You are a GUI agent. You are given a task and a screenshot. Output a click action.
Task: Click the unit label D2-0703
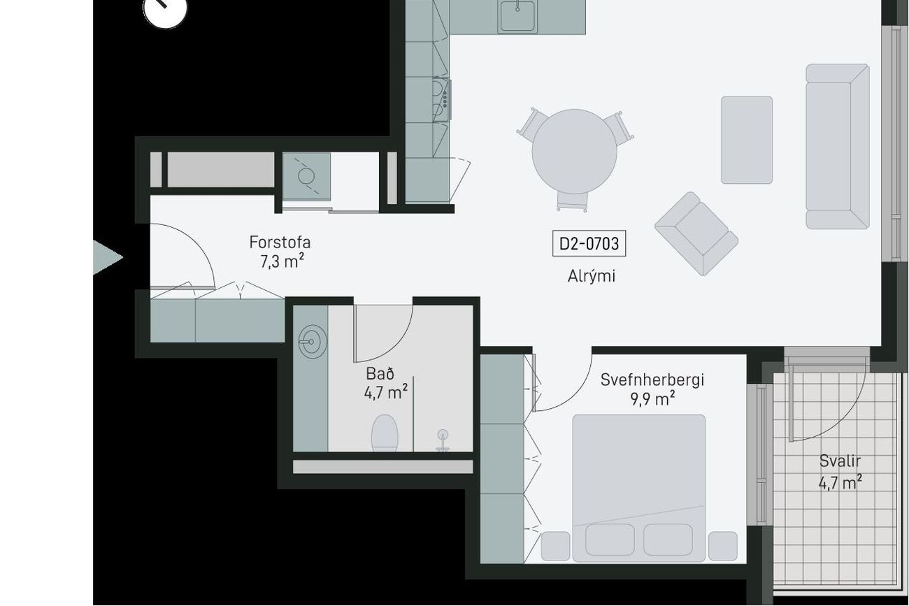589,243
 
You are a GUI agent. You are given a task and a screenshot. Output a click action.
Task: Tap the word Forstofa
280,243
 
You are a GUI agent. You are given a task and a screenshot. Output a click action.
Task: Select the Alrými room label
592,276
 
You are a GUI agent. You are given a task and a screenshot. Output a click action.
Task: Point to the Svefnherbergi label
652,380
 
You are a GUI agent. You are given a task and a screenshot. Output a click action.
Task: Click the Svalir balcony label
840,461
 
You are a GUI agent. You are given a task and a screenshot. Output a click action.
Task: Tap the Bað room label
380,373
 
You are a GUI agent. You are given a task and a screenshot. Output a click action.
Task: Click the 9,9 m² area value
652,399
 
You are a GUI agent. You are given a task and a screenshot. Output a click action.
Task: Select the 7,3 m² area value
282,261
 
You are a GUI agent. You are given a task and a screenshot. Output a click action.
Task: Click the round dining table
574,151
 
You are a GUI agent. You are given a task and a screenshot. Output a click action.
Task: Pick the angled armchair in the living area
696,234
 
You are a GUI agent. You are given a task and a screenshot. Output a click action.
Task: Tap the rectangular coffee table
747,140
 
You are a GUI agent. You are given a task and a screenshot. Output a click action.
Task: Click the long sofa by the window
838,146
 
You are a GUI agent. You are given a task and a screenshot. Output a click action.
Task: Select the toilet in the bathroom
385,433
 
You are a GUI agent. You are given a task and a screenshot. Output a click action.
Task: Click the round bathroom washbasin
313,342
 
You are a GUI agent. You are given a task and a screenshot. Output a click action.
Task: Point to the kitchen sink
517,15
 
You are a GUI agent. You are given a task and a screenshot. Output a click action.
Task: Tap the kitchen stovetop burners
441,100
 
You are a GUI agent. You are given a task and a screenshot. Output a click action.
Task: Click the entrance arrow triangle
108,258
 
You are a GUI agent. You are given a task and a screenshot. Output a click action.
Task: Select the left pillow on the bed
610,540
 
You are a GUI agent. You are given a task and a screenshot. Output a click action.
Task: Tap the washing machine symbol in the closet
306,176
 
